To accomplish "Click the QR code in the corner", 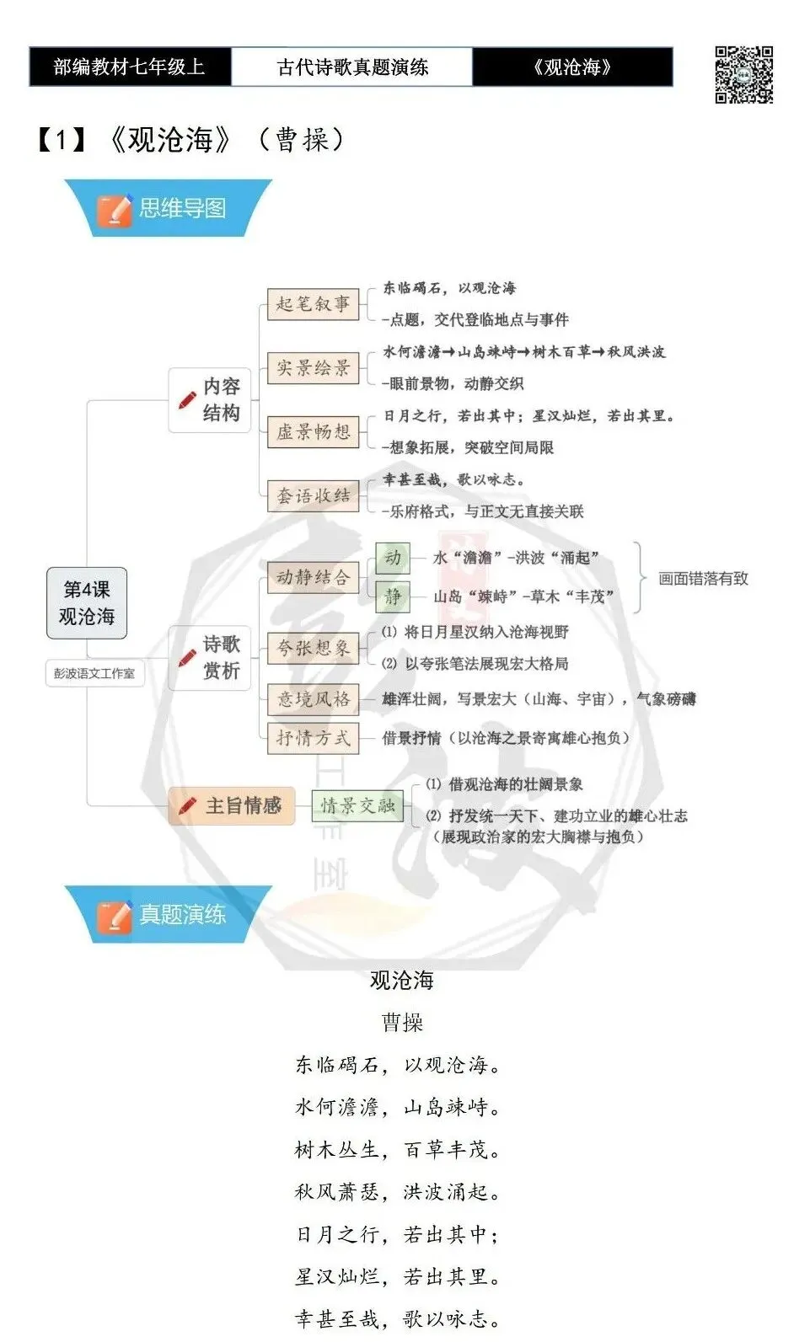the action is (x=743, y=75).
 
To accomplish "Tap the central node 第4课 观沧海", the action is (x=87, y=602).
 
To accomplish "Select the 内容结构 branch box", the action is (x=210, y=399).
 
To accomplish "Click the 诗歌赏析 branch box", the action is (x=210, y=658).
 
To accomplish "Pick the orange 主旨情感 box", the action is (x=232, y=806).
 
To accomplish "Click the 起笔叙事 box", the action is (x=313, y=304).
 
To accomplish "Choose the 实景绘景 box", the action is (x=313, y=368).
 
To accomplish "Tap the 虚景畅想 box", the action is (x=313, y=432).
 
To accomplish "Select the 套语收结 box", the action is (x=313, y=496).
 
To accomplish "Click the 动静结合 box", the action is (x=313, y=578).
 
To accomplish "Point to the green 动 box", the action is (x=393, y=559).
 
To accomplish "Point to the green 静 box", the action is (x=393, y=596).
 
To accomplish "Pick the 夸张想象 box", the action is (x=313, y=648).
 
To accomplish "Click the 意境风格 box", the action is (x=313, y=699).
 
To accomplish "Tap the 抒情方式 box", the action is (x=313, y=738).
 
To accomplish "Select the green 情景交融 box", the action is (x=357, y=806).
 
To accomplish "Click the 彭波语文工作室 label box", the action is (x=94, y=673).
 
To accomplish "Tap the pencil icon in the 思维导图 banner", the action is (x=115, y=211).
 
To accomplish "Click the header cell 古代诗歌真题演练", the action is (x=352, y=67).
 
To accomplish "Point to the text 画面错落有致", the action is (x=703, y=579).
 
